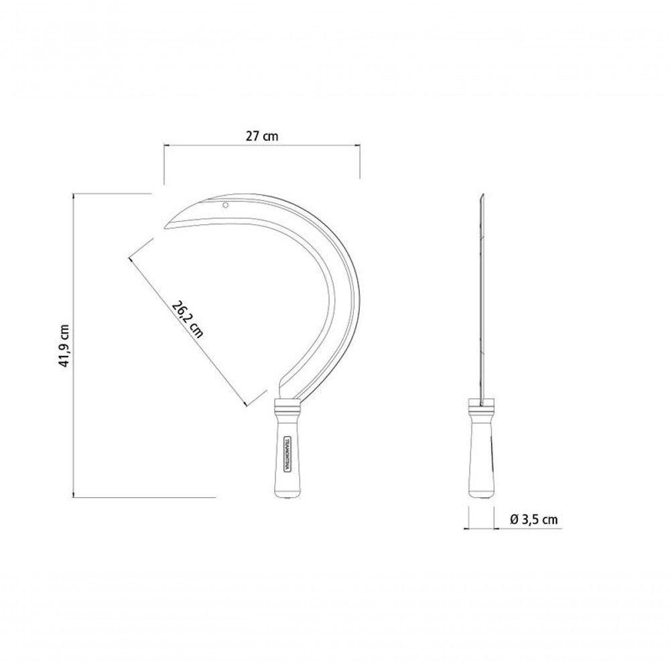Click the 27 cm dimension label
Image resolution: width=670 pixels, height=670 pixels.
tap(261, 136)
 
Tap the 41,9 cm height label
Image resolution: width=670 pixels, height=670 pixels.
tap(64, 346)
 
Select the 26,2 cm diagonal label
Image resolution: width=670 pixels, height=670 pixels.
tap(187, 319)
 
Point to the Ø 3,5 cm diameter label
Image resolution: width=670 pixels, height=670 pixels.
tap(534, 519)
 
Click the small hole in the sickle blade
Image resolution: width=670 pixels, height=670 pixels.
tap(225, 206)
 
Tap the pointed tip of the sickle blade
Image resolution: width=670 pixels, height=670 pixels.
tap(165, 227)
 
